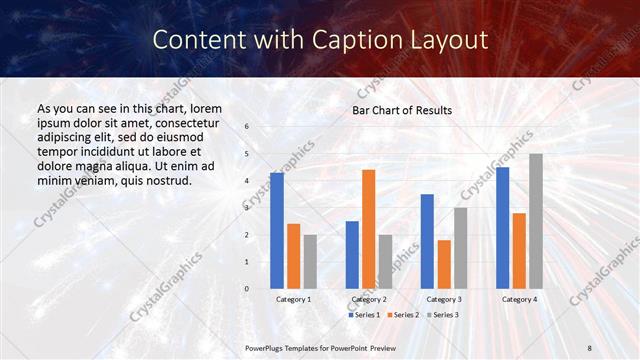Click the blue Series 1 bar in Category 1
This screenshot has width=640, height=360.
point(276,231)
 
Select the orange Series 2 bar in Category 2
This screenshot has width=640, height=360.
point(369,229)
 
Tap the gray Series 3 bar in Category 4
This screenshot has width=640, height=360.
point(536,221)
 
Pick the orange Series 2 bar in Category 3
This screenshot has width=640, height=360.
point(444,264)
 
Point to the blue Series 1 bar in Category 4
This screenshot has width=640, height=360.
point(502,228)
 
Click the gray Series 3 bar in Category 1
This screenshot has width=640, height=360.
point(310,262)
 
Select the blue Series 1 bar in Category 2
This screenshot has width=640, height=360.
point(352,255)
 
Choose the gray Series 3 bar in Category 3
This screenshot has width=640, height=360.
point(461,248)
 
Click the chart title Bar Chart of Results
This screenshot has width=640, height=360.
point(402,110)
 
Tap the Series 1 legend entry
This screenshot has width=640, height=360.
point(363,315)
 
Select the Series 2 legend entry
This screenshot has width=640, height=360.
point(403,315)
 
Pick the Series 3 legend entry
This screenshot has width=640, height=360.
point(443,315)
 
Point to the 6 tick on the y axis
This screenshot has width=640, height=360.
point(247,127)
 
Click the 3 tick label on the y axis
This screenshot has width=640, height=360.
point(247,208)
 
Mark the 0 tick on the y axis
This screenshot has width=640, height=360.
point(247,289)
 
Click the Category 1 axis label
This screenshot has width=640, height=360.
point(293,299)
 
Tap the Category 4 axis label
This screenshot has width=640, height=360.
point(519,299)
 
